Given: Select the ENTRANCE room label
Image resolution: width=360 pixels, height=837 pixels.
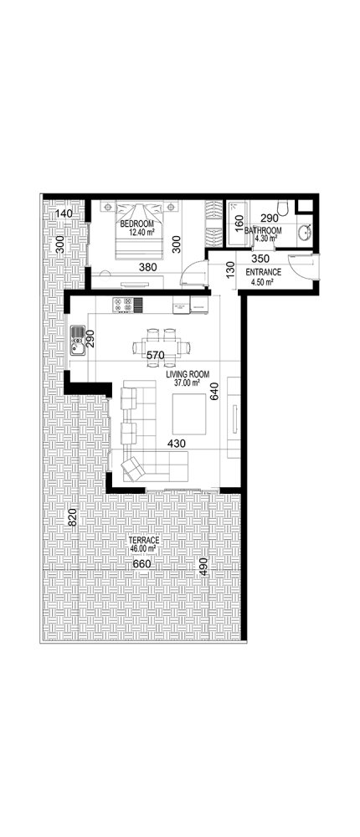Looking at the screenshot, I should [263, 273].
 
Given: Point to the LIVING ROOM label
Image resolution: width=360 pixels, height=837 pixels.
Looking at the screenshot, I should [188, 374].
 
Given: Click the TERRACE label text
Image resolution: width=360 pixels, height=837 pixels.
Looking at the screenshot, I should [144, 542].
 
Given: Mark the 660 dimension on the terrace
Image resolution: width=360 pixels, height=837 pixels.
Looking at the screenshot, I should [143, 565].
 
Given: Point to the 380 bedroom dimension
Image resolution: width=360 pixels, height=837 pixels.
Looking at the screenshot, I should [147, 268].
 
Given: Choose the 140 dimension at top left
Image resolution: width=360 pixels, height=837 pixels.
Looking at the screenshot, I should [64, 215].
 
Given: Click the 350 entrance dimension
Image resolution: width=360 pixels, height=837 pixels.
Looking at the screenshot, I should [260, 259].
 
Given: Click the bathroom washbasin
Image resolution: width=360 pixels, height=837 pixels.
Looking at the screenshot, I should [303, 232].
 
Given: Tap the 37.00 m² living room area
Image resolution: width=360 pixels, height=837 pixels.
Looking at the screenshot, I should [187, 383].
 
